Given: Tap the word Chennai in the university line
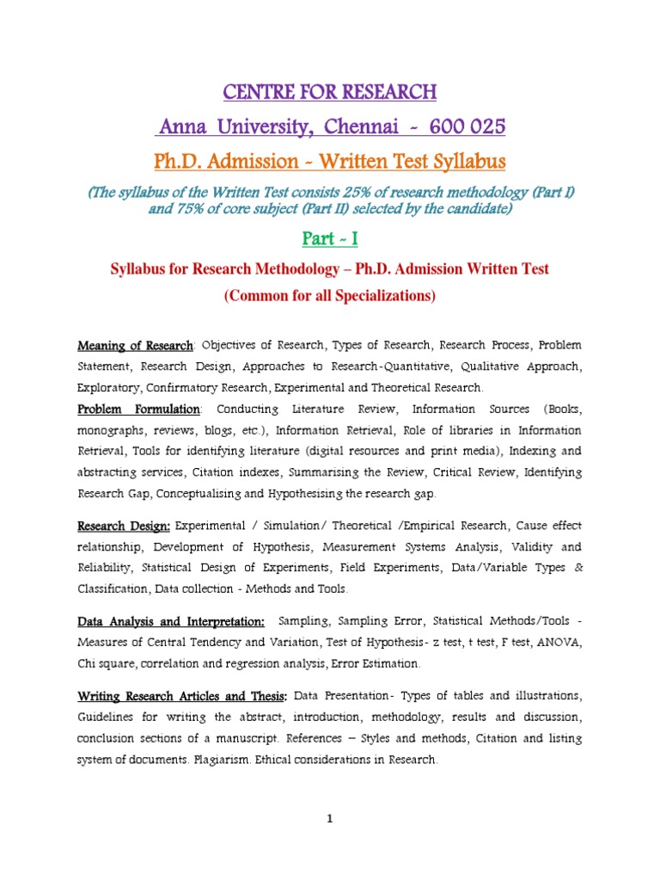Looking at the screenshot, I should tap(349, 127).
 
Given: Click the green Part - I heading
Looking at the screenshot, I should tap(330, 238).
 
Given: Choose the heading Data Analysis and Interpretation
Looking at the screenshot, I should tap(171, 620).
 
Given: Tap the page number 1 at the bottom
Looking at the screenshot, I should tap(329, 819).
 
